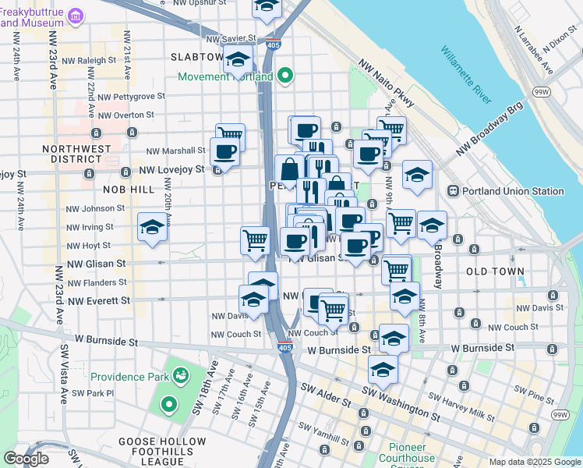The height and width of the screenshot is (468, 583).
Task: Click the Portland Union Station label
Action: click(515, 191)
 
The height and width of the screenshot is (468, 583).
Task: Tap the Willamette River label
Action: click(466, 75)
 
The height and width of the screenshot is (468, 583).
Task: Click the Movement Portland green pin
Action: click(285, 76)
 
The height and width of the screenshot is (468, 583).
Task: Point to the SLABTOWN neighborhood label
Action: click(196, 58)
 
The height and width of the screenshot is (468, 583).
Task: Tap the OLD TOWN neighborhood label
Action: click(495, 271)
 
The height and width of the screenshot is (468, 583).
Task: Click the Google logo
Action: click(26, 459)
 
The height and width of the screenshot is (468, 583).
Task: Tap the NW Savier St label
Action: click(231, 37)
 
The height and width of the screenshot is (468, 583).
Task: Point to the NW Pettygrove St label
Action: click(129, 97)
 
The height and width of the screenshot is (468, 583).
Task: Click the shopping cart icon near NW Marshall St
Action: click(230, 136)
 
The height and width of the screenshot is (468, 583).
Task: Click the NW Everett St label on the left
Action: click(98, 300)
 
